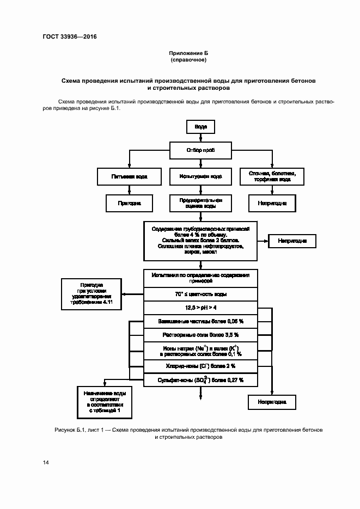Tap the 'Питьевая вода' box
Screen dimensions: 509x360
pos(129,176)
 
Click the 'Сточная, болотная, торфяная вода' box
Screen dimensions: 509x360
pos(272,176)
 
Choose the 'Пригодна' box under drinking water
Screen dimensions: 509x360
pos(129,203)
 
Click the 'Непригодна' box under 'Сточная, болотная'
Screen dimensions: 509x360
pos(272,203)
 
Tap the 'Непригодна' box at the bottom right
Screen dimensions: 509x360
pos(272,402)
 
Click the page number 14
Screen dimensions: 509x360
pos(46,462)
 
